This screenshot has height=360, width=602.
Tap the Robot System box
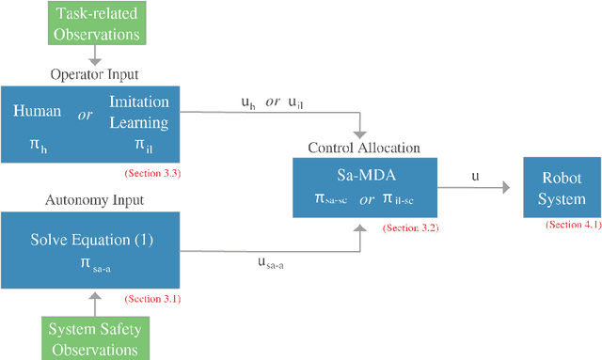pos(562,188)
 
